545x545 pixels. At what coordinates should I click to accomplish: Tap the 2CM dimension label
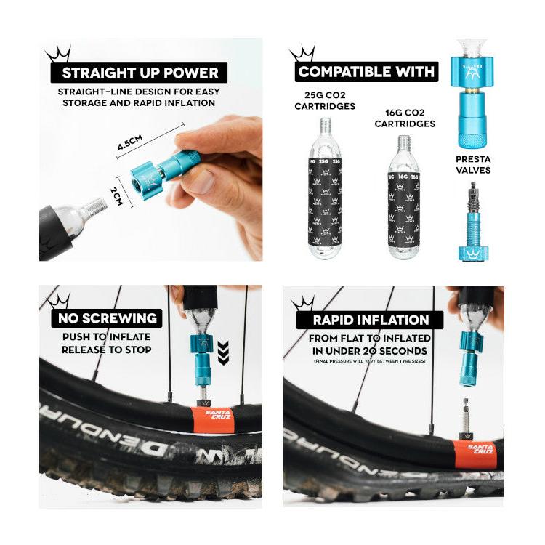117,193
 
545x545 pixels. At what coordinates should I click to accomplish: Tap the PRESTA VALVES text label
474,164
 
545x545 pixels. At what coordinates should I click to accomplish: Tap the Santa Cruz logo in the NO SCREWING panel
217,418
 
